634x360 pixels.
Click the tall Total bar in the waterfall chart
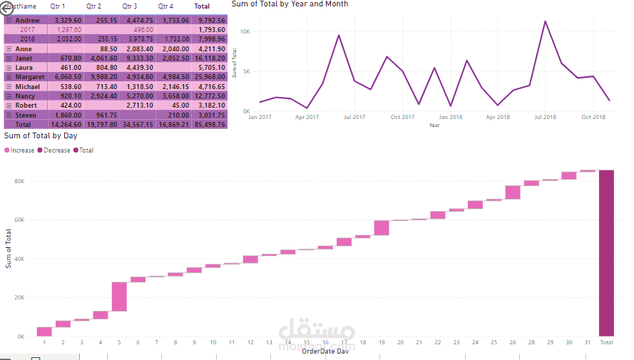click(606, 253)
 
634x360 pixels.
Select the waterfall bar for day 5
click(119, 297)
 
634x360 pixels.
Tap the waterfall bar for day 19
click(382, 227)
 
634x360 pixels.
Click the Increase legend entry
click(21, 150)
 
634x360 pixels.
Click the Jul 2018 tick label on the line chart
click(546, 117)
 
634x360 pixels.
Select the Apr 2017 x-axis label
click(307, 117)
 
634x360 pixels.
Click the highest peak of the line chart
click(546, 21)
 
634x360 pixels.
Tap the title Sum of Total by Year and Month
click(290, 4)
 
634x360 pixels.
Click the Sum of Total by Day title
click(41, 135)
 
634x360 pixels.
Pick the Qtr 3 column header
click(130, 6)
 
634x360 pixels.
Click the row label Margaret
click(29, 77)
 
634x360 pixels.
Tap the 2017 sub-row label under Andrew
click(28, 30)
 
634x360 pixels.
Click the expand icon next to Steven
click(9, 115)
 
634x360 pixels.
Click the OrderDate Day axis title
click(325, 351)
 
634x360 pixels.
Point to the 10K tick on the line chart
click(244, 32)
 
